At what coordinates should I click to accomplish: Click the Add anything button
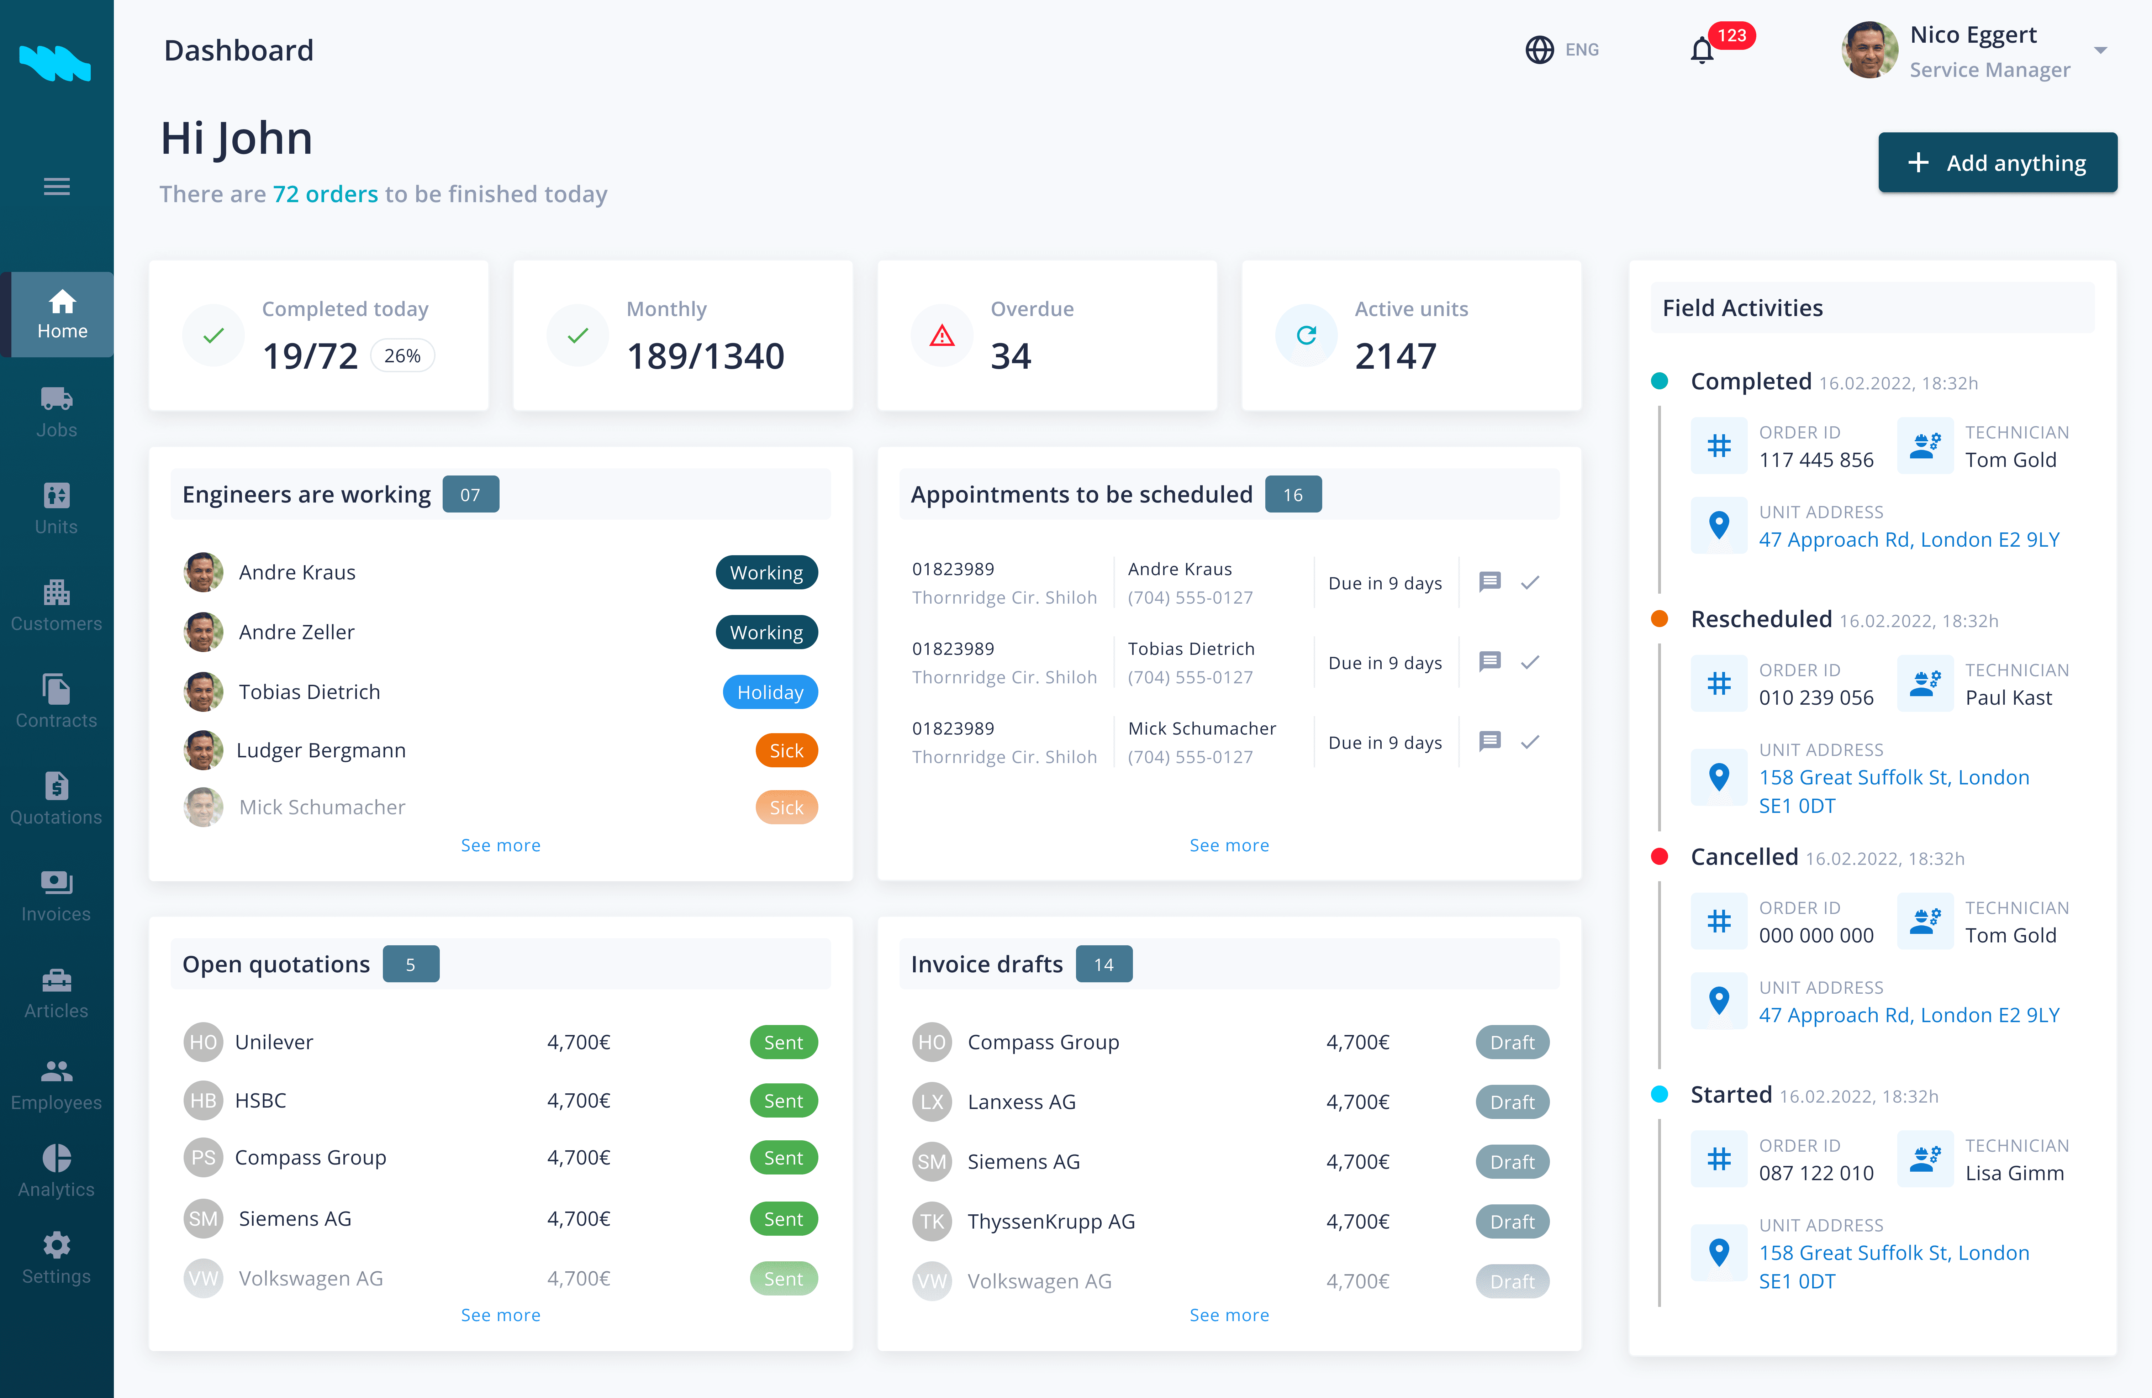(x=1997, y=163)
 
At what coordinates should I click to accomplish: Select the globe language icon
(x=1539, y=50)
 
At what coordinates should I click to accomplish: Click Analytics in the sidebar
(x=56, y=1171)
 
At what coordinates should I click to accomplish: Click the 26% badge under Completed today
(x=402, y=356)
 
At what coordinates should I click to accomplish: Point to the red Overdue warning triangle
(x=942, y=336)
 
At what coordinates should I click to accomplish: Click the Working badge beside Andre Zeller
(x=767, y=632)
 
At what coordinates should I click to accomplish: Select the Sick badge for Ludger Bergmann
(x=787, y=751)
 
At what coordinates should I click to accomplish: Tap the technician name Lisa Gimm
(x=2015, y=1173)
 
